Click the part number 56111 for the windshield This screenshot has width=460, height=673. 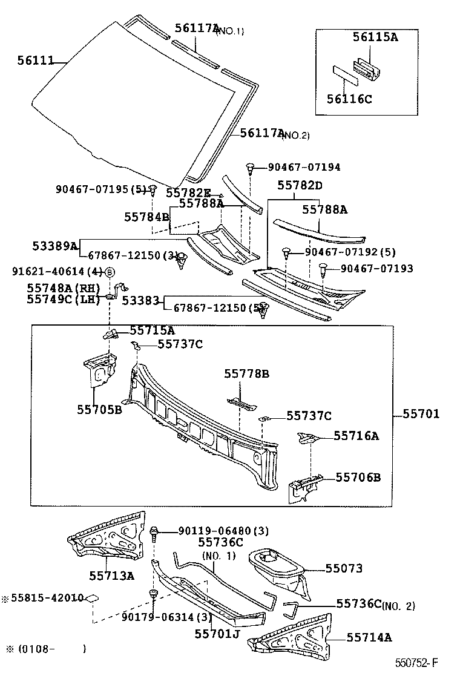tap(36, 60)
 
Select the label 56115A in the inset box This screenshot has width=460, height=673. tap(375, 37)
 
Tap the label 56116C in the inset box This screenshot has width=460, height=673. tap(350, 99)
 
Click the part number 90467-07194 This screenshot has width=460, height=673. tap(298, 167)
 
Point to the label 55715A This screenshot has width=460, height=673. tap(152, 330)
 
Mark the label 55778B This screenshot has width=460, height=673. tap(246, 374)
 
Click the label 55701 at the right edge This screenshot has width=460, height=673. tap(421, 415)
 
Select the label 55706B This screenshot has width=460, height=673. tap(358, 478)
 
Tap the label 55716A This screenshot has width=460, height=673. tap(356, 435)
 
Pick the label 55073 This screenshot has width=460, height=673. tap(344, 568)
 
